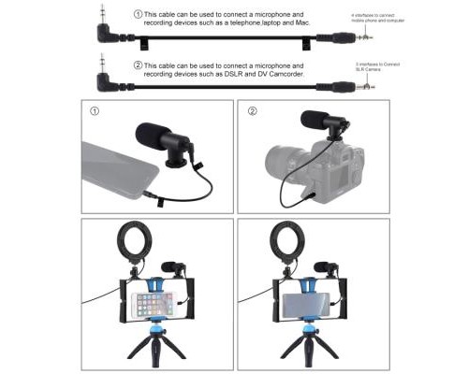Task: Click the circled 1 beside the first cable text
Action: (x=139, y=15)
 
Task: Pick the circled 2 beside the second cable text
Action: (x=139, y=64)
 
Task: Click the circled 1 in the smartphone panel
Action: (x=94, y=113)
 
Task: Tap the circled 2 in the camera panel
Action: (x=252, y=113)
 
